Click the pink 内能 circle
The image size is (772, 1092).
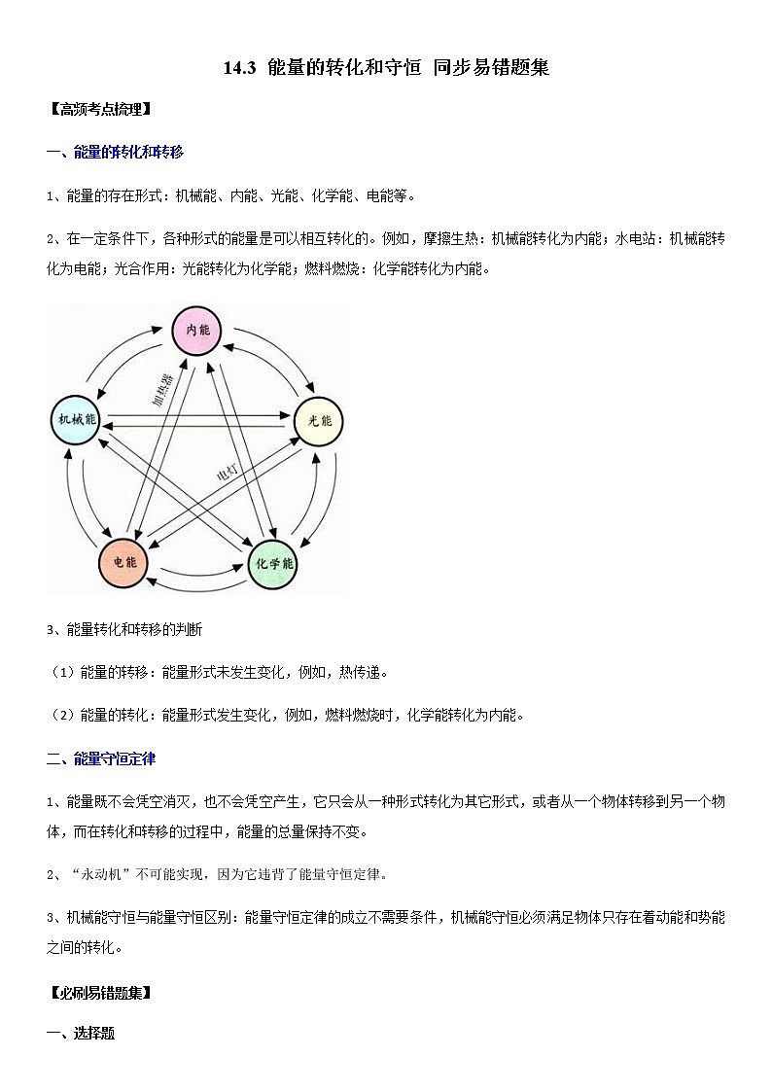click(197, 331)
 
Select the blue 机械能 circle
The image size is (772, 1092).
click(75, 420)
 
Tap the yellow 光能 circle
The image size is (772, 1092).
click(319, 421)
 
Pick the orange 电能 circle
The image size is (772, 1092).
click(123, 562)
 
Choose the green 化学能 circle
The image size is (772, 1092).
click(273, 564)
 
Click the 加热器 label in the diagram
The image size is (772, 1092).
click(161, 387)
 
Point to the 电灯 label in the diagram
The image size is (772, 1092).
click(227, 474)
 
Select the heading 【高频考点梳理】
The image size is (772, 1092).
click(98, 109)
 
